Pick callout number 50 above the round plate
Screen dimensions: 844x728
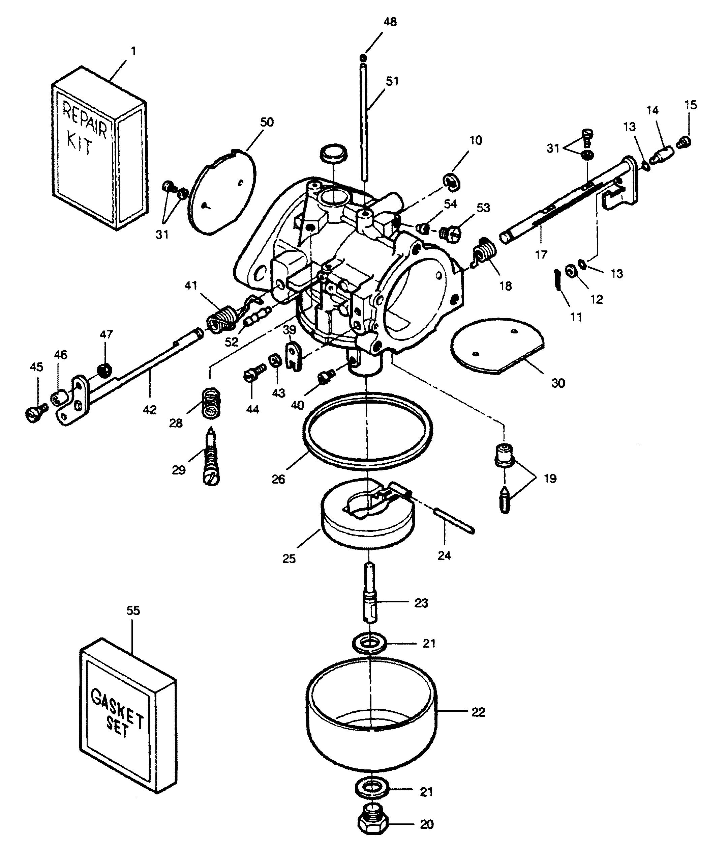click(x=267, y=122)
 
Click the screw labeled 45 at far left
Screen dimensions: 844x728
click(x=34, y=415)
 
